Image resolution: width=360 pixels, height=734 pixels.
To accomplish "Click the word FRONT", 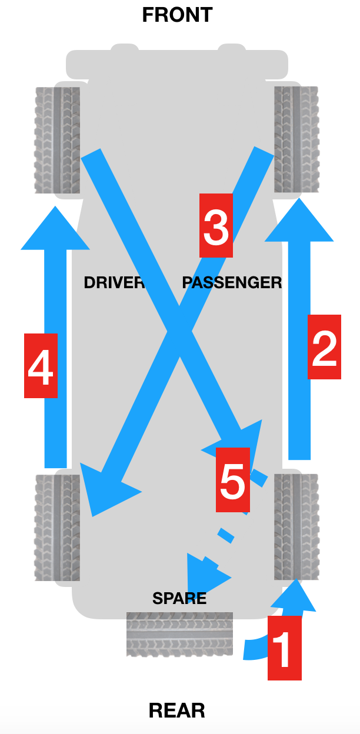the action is tap(178, 15).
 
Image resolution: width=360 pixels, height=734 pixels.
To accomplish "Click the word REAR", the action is tap(177, 710).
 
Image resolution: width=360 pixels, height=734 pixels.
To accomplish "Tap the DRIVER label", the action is tap(114, 282).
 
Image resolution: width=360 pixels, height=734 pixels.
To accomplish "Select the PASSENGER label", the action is tap(232, 282).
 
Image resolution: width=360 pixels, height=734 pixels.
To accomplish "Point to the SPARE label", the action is tap(179, 598).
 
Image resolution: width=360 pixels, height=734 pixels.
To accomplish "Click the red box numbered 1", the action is tap(285, 648).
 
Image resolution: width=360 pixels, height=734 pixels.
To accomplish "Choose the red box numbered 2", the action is tap(324, 347).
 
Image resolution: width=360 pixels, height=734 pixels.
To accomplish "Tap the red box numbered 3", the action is tap(216, 225).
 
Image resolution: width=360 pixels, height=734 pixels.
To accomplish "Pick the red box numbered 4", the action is tap(41, 366).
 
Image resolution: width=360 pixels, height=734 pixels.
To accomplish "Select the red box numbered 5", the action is tap(233, 480).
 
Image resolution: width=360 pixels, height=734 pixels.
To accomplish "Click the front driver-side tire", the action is tap(58, 140).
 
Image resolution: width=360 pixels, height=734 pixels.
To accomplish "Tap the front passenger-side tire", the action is tap(296, 139).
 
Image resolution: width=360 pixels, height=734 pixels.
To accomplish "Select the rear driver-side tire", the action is tap(58, 528).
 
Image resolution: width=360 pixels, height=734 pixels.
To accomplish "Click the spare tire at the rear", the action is tap(179, 635).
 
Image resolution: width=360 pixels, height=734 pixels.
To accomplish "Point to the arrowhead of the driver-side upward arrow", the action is tap(55, 228).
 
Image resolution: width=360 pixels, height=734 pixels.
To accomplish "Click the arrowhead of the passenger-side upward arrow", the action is tap(299, 219).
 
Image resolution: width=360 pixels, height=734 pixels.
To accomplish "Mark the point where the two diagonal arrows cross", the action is tap(179, 332).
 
